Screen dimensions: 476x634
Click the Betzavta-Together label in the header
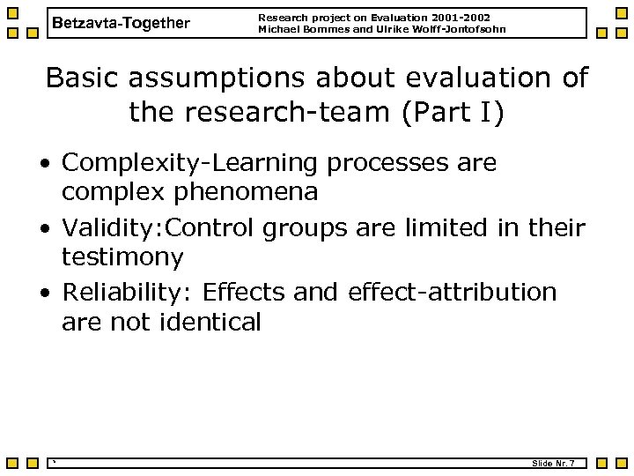[121, 23]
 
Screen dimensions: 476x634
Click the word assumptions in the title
[220, 78]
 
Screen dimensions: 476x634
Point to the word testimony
[122, 258]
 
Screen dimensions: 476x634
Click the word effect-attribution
[453, 292]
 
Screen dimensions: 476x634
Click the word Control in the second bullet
[209, 227]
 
